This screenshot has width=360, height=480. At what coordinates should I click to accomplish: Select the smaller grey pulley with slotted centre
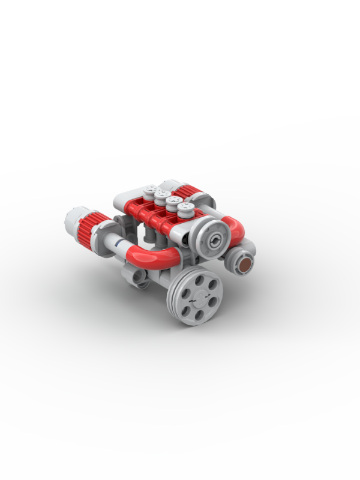click(214, 239)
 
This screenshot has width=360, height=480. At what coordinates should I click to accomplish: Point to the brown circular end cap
click(245, 265)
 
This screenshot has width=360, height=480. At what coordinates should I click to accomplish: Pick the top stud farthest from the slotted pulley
click(151, 189)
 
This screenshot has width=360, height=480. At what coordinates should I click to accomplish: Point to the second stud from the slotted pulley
click(174, 202)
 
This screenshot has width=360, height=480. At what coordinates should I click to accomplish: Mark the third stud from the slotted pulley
click(161, 195)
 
